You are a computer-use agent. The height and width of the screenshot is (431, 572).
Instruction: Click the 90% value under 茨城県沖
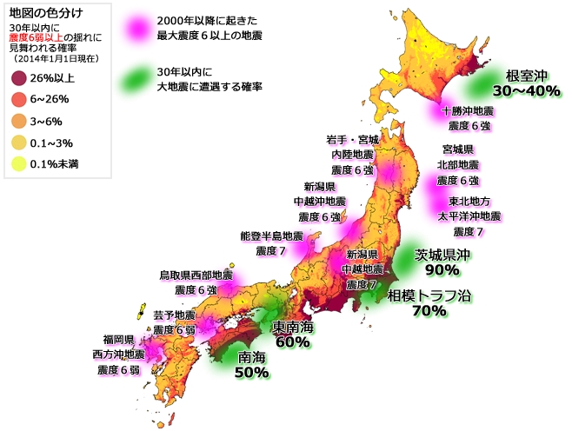pos(442,270)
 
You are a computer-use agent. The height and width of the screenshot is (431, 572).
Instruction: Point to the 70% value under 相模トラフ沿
pos(429,310)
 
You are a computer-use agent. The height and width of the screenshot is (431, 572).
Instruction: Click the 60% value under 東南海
pos(292,341)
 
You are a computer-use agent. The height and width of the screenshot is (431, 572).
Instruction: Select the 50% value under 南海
pos(251,372)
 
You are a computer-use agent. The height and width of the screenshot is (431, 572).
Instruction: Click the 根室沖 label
pos(524,74)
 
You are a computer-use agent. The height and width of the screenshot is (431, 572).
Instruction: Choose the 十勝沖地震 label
pos(469,111)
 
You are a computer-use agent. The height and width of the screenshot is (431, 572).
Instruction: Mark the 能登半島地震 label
pos(271,235)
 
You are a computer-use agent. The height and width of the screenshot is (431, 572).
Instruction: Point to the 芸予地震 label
pos(174,315)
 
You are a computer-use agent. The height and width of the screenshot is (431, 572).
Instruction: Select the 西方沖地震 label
pos(117,355)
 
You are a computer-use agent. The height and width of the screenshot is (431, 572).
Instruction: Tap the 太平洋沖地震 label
pos(469,215)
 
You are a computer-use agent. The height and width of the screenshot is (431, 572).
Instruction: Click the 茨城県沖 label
pos(442,255)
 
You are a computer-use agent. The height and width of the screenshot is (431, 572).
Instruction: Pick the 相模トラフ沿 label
pos(429,295)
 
